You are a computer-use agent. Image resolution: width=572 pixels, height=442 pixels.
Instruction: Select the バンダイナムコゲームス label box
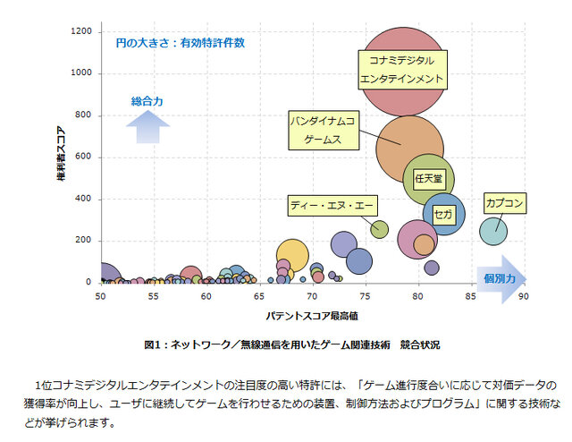pyautogui.click(x=323, y=130)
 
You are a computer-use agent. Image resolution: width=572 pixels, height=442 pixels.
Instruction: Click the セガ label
pyautogui.click(x=442, y=215)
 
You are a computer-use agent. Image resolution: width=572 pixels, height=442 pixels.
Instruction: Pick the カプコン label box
pyautogui.click(x=504, y=203)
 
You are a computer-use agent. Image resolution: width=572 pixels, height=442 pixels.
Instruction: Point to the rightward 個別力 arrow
pyautogui.click(x=501, y=278)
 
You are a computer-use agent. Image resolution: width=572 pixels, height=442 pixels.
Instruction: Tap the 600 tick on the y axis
pyautogui.click(x=85, y=157)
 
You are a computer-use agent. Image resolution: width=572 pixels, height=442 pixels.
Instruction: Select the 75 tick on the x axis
pyautogui.click(x=365, y=296)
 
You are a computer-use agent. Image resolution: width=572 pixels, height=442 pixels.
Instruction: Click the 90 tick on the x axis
pyautogui.click(x=523, y=296)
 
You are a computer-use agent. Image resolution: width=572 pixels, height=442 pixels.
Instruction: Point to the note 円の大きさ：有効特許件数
pyautogui.click(x=180, y=42)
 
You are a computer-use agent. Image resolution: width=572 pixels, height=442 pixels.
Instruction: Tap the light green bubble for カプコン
pyautogui.click(x=494, y=231)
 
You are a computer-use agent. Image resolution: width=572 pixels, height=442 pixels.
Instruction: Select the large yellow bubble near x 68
pyautogui.click(x=292, y=254)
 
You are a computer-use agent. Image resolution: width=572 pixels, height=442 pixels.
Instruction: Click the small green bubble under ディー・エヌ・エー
pyautogui.click(x=379, y=229)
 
